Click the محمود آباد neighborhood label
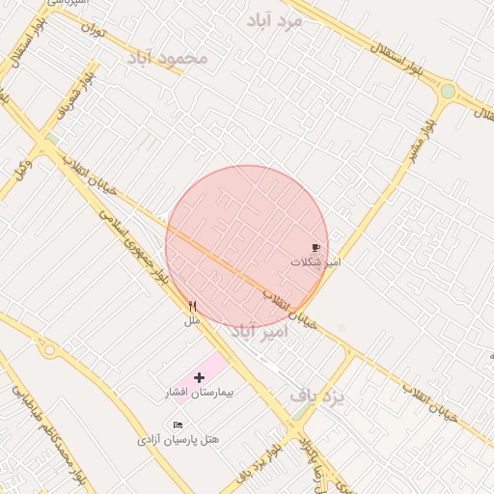[x=167, y=58]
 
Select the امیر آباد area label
[x=260, y=332]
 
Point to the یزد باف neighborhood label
[x=317, y=396]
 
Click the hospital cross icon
[x=200, y=378]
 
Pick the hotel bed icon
[x=178, y=425]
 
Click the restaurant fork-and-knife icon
[x=193, y=306]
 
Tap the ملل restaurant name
[x=192, y=319]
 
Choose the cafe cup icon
[x=316, y=248]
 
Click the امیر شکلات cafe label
[x=316, y=261]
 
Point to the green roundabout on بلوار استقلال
[x=448, y=92]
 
